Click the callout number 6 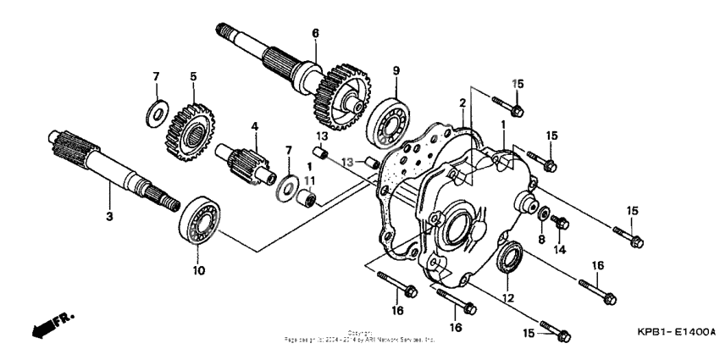pos(315,33)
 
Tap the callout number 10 pos(200,271)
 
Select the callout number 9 pos(396,69)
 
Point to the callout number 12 pos(508,296)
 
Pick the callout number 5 pos(193,76)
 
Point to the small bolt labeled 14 pos(559,223)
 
